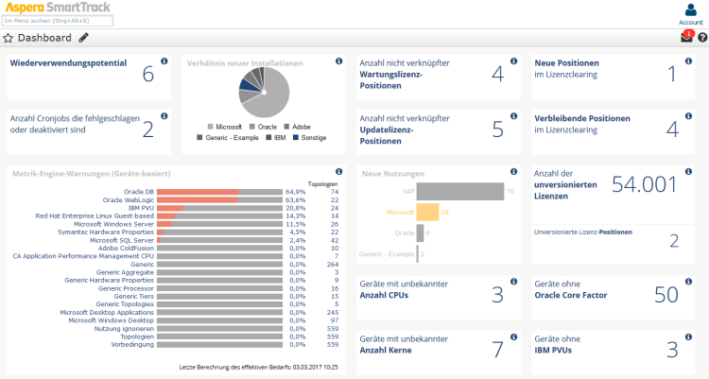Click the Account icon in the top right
(x=690, y=10)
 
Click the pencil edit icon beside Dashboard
(x=84, y=38)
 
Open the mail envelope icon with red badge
(x=686, y=38)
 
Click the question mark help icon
(x=702, y=38)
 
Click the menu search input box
(x=58, y=20)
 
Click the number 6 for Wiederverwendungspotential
(x=148, y=74)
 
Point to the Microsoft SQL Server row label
(x=122, y=239)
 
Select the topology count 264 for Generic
(x=333, y=264)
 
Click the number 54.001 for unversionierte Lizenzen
(x=645, y=185)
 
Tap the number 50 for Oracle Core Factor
(x=666, y=295)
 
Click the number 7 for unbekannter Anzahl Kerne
(x=497, y=350)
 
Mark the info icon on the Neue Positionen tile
(x=690, y=61)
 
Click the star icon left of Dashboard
(x=9, y=38)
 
